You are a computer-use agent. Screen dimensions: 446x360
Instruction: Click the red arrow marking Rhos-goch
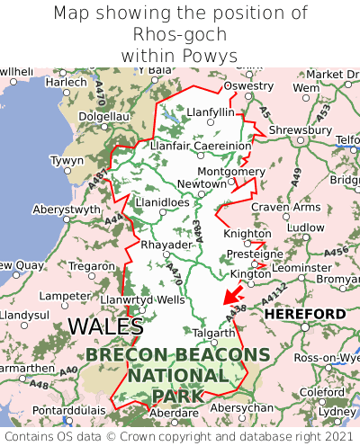pyautogui.click(x=232, y=294)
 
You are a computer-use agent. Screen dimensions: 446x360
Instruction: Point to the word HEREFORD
pyautogui.click(x=304, y=314)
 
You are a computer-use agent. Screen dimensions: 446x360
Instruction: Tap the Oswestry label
pyautogui.click(x=247, y=85)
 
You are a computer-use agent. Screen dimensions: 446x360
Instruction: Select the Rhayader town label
pyautogui.click(x=166, y=245)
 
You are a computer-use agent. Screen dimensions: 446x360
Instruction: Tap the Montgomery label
pyautogui.click(x=230, y=171)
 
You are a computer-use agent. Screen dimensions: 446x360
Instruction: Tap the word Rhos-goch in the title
pyautogui.click(x=180, y=35)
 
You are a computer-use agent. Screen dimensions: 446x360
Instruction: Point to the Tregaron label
pyautogui.click(x=92, y=266)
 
